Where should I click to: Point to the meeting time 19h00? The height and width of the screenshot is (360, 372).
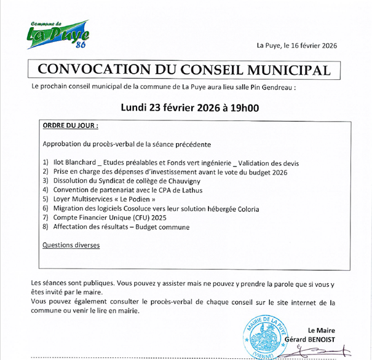(243, 108)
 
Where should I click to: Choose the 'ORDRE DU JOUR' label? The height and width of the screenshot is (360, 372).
(70, 125)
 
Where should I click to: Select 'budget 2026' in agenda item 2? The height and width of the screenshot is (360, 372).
(267, 172)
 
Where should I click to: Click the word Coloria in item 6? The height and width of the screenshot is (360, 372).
(245, 209)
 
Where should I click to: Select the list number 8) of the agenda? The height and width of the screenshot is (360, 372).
(46, 227)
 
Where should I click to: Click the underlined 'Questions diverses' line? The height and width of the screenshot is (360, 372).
(71, 245)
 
